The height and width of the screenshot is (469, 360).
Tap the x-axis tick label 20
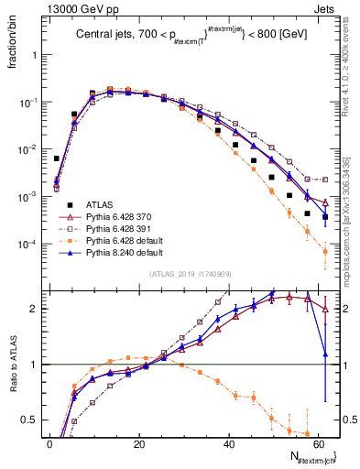pos(139,444)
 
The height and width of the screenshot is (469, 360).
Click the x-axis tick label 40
pos(229,444)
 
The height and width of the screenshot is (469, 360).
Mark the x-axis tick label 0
pos(50,444)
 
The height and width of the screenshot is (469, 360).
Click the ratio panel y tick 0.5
pos(34,420)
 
